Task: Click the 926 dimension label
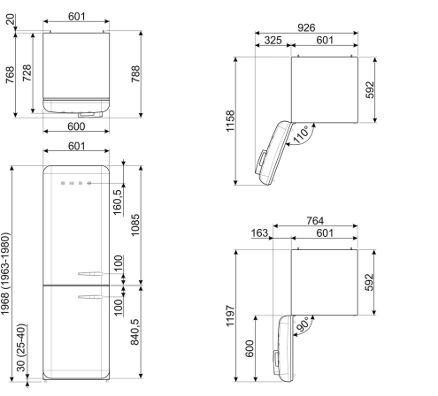(306, 27)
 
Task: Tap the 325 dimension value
(273, 41)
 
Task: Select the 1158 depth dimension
(230, 121)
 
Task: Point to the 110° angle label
(301, 134)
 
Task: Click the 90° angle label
(302, 324)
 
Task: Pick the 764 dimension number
(315, 221)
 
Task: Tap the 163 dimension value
(259, 233)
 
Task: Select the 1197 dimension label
(230, 316)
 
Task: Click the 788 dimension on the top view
(135, 74)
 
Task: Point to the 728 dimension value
(27, 72)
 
